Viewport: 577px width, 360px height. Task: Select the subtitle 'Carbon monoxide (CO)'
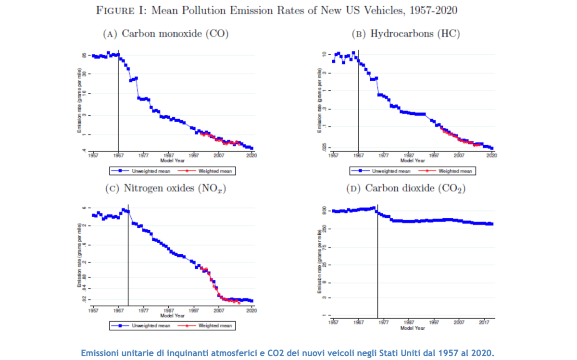[165, 34]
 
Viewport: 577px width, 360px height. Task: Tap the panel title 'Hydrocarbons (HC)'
[406, 34]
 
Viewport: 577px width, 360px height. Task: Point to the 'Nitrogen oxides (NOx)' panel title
[165, 188]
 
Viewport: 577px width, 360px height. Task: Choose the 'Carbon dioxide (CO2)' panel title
[406, 188]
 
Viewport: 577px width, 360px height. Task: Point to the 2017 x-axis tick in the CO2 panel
[484, 323]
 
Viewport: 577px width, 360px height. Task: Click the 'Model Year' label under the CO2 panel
[413, 328]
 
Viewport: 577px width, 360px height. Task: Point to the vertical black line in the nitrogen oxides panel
[128, 255]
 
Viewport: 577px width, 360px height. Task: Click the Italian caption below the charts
[288, 353]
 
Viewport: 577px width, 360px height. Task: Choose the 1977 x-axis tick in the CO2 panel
[383, 323]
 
